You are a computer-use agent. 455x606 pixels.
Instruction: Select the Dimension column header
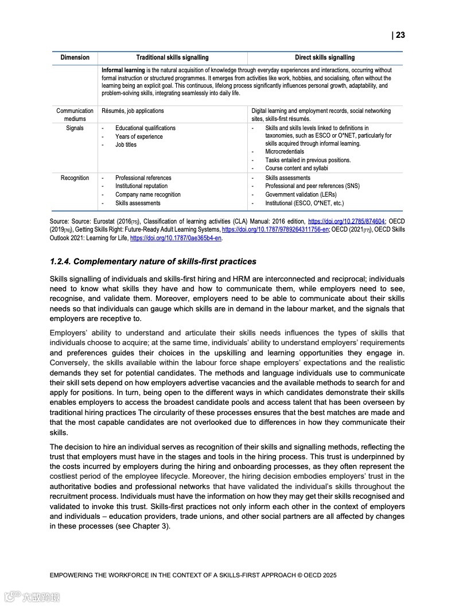click(75, 57)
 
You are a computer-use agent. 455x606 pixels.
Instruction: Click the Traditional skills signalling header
click(172, 57)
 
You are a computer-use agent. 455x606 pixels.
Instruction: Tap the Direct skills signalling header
click(325, 57)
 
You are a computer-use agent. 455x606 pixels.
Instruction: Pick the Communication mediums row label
click(75, 115)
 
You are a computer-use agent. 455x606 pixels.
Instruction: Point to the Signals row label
click(75, 128)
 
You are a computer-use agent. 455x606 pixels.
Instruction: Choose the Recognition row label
click(75, 178)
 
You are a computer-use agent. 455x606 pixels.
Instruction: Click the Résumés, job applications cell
click(133, 111)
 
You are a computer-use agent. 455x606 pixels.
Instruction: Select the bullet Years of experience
click(139, 137)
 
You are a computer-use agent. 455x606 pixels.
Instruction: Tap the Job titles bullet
click(126, 145)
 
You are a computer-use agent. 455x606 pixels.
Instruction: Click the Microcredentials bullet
click(285, 152)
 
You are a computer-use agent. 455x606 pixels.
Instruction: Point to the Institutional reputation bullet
click(141, 186)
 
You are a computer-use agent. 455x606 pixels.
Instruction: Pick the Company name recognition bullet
click(147, 195)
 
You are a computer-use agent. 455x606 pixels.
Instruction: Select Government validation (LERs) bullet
click(301, 195)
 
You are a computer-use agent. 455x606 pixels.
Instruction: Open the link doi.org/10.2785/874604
click(346, 221)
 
